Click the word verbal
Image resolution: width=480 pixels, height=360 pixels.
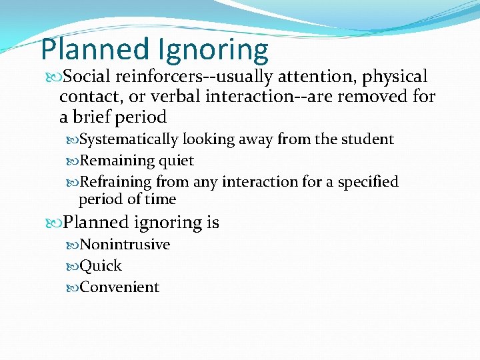pos(177,97)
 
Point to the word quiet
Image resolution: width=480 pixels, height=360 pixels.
pos(176,161)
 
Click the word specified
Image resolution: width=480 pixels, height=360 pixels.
pos(368,182)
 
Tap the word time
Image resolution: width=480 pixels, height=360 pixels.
pos(161,199)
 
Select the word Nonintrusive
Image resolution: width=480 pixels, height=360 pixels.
pos(125,245)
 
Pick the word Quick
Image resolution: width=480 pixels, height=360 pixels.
pos(101,266)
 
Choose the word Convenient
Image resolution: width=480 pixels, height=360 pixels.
pos(119,287)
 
